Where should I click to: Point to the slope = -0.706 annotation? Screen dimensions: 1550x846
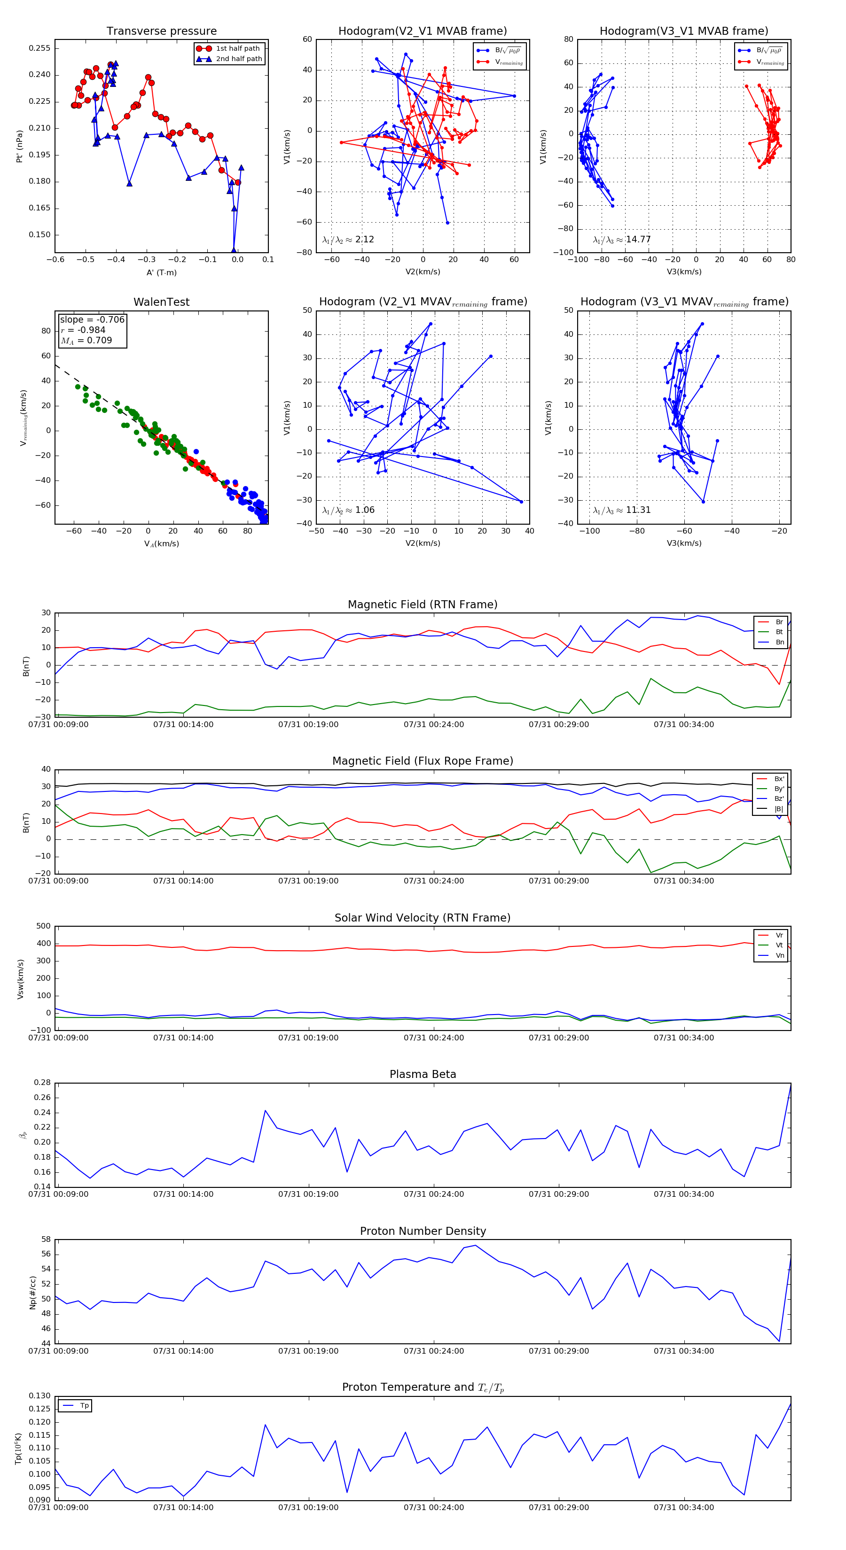92,319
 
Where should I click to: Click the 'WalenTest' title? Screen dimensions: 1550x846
161,302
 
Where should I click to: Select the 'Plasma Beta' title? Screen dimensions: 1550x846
423,1074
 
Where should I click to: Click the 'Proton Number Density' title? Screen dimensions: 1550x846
423,1231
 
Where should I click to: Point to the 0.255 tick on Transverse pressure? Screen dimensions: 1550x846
40,48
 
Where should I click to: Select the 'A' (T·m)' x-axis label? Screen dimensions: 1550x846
161,272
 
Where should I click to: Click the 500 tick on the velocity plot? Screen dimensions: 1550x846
43,926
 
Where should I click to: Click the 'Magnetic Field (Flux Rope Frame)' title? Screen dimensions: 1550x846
423,761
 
